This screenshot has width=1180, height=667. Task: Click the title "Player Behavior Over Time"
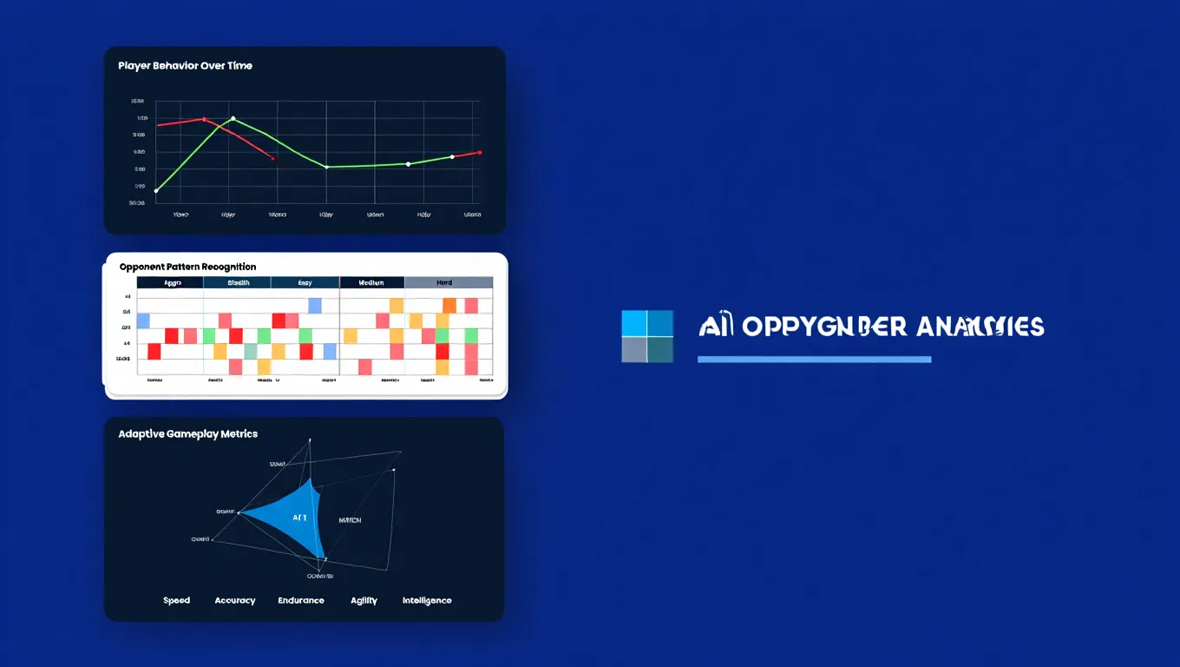click(x=185, y=66)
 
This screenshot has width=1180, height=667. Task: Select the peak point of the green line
click(x=233, y=118)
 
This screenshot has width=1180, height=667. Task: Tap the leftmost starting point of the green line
click(x=156, y=190)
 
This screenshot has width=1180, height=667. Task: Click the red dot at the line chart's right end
click(x=480, y=152)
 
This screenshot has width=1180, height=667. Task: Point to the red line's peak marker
click(x=204, y=119)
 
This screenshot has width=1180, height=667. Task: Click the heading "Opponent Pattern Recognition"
click(x=187, y=267)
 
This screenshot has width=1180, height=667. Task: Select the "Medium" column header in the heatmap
click(x=371, y=283)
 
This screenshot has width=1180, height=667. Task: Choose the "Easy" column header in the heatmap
click(x=305, y=283)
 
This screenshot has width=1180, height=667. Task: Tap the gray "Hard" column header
click(x=449, y=283)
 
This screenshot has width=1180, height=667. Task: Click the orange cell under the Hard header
click(x=449, y=305)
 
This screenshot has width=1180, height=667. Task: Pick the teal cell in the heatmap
click(x=251, y=351)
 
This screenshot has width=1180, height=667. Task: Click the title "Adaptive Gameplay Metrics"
click(x=187, y=433)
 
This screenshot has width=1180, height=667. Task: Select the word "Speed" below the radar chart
click(x=176, y=600)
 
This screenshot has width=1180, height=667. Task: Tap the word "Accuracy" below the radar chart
click(x=235, y=600)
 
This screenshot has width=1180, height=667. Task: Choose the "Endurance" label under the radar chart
click(x=301, y=600)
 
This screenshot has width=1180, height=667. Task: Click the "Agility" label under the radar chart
click(x=364, y=600)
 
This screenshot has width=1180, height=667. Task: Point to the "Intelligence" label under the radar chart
click(x=427, y=600)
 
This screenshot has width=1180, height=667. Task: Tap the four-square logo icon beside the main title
click(x=647, y=336)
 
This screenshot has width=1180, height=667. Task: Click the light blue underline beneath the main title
click(x=814, y=359)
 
